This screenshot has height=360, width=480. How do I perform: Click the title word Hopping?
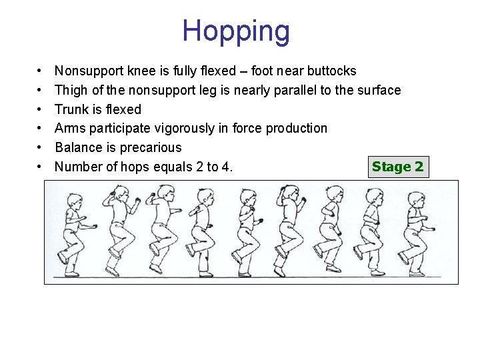(x=236, y=31)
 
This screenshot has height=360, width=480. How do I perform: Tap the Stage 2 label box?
(x=397, y=167)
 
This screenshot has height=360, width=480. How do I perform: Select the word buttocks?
(x=331, y=71)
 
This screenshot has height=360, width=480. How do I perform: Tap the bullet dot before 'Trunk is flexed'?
(x=41, y=109)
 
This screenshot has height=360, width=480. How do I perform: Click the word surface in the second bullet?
(x=379, y=90)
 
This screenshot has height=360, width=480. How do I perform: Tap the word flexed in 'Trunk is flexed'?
(x=123, y=109)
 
